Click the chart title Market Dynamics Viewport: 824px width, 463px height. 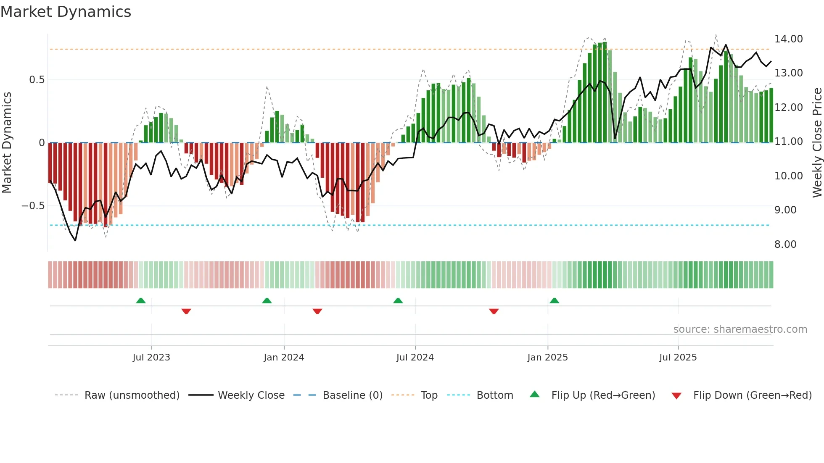coord(66,12)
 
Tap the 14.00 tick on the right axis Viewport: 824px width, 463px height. coord(788,39)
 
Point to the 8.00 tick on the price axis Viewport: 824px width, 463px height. coord(785,245)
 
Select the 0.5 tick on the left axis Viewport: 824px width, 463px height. coord(37,80)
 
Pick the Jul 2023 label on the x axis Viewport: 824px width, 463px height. coord(151,358)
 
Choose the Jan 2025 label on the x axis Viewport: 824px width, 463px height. coord(547,358)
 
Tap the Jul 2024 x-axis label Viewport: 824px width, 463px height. coord(415,358)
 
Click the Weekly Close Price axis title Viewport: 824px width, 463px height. coord(817,143)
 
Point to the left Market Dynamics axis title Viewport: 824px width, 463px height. coord(7,143)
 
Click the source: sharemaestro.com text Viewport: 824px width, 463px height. coord(740,329)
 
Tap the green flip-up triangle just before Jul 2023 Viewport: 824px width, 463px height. coord(141,301)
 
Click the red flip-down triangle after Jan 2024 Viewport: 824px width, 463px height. coord(317,311)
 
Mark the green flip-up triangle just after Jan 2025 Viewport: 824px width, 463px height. coord(554,301)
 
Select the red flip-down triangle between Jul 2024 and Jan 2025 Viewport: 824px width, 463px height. coord(494,311)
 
